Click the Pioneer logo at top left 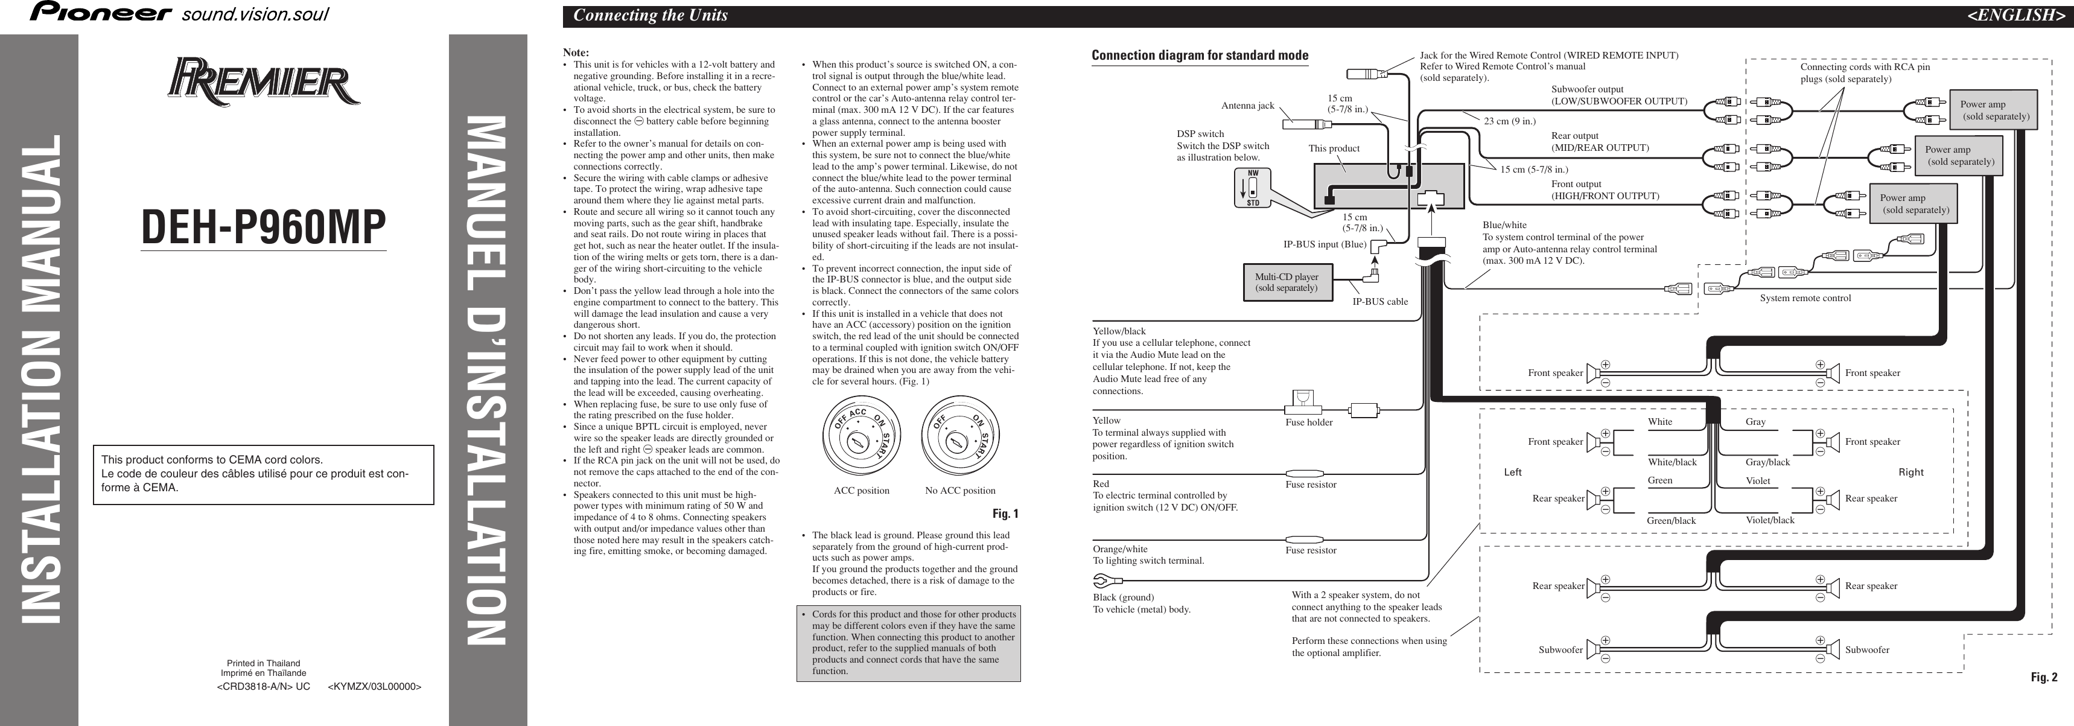[101, 13]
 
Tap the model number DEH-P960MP [263, 228]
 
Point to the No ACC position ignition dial [959, 437]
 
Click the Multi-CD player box [1286, 282]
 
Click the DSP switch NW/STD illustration [1253, 188]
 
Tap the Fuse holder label [1309, 422]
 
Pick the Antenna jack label [1247, 106]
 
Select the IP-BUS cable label [1380, 302]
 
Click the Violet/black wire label [1770, 520]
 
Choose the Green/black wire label [1671, 521]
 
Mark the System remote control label [1805, 298]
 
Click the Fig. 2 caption [2043, 678]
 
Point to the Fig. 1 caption [1005, 514]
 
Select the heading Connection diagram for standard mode [1200, 56]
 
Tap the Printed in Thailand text [263, 663]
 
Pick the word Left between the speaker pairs [1513, 473]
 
